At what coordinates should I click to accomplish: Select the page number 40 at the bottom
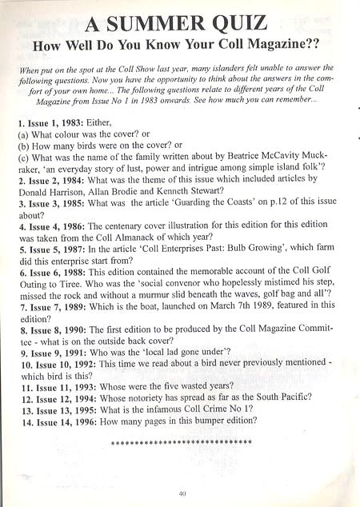point(183,493)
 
